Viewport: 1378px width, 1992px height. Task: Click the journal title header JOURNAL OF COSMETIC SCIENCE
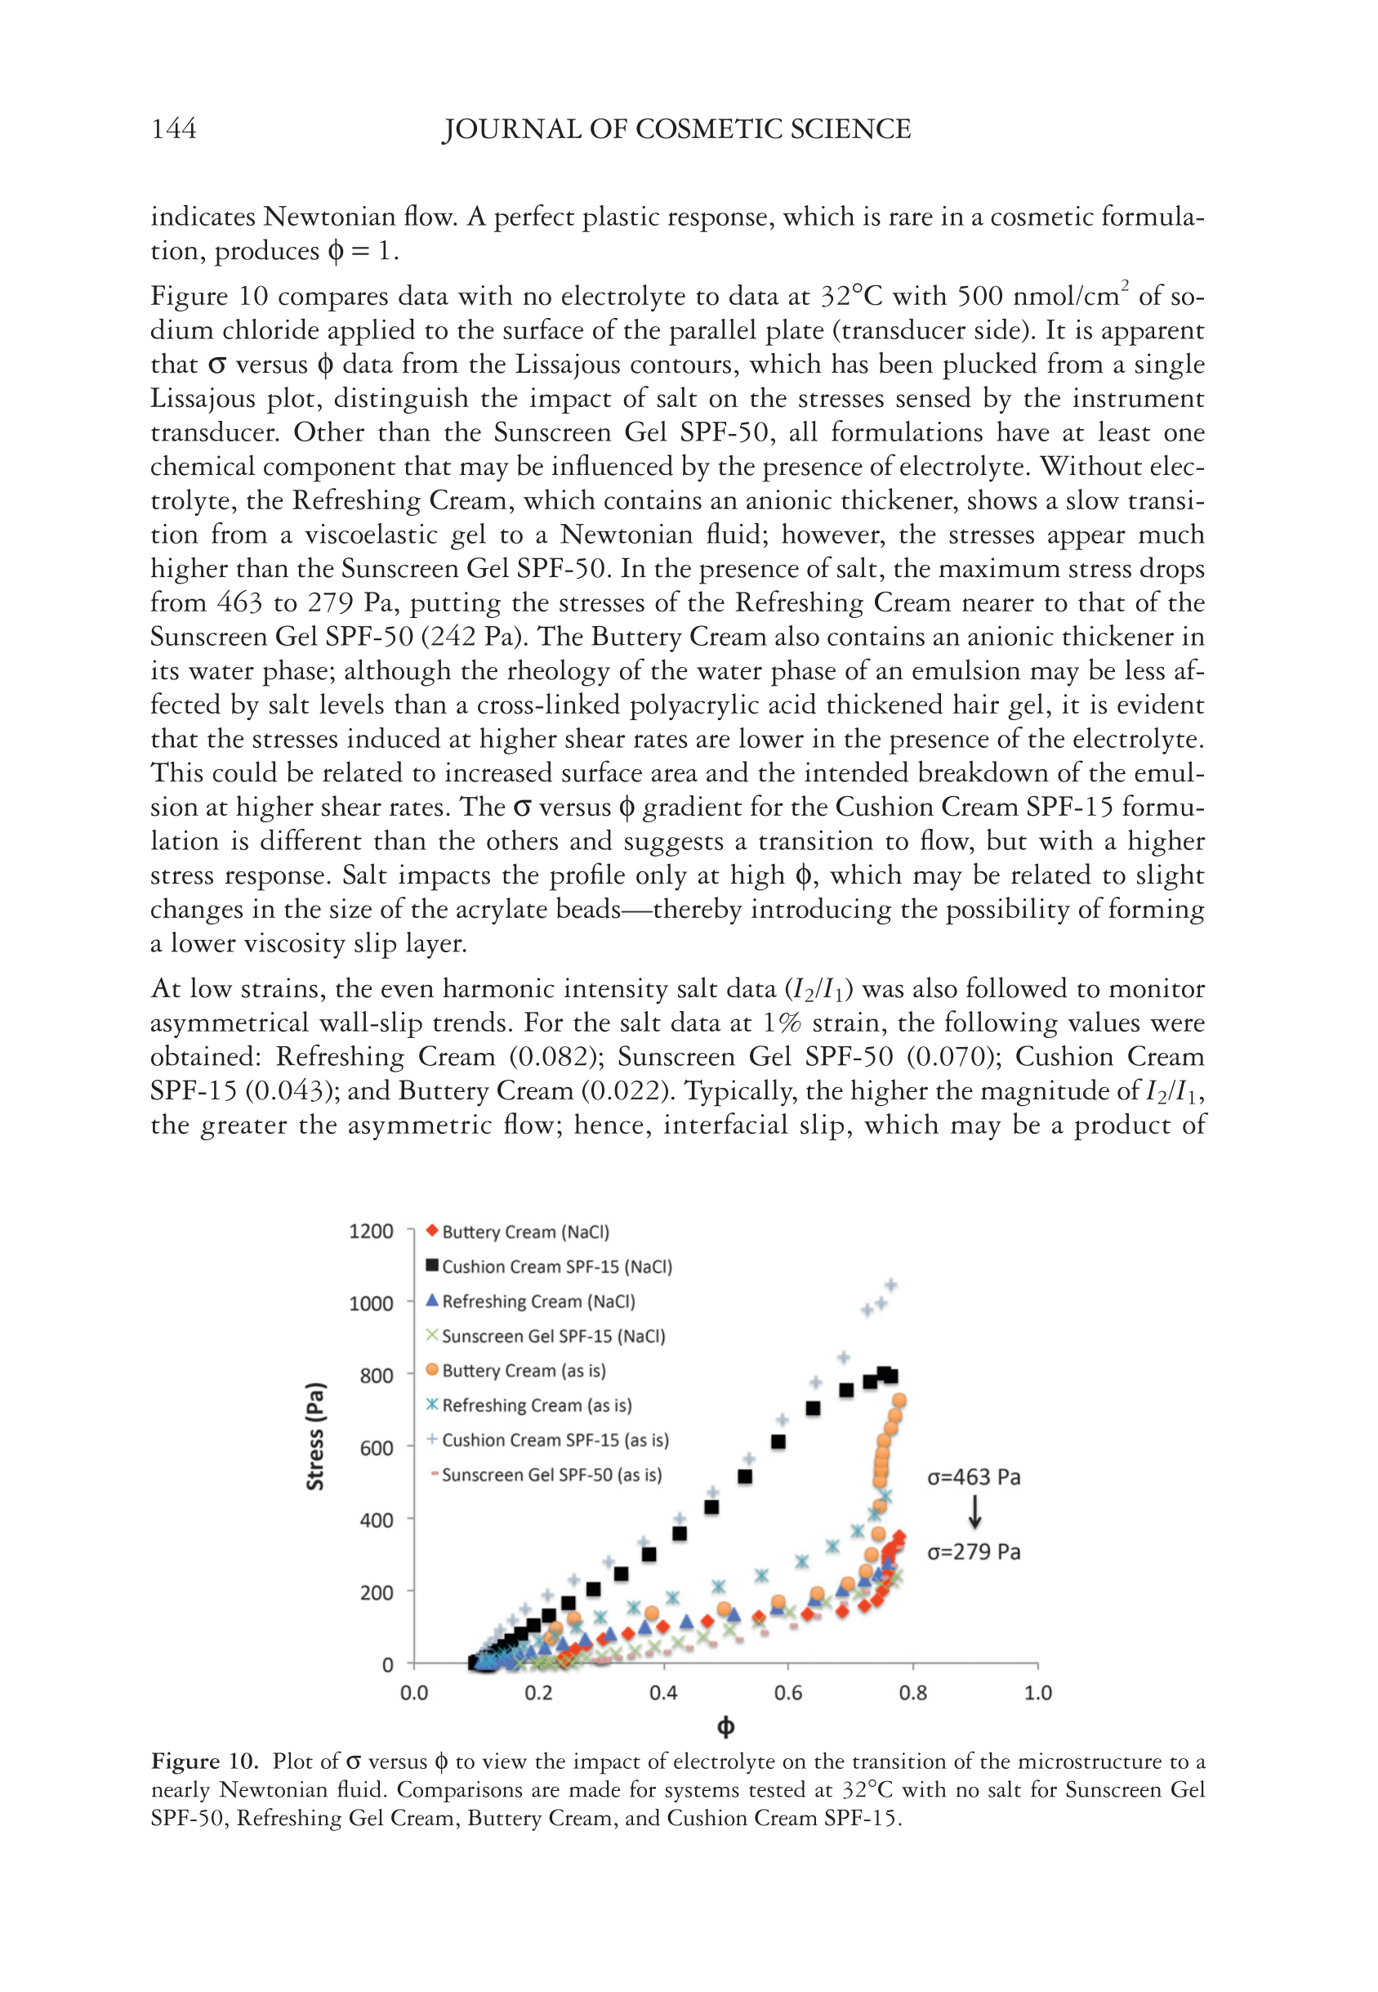676,128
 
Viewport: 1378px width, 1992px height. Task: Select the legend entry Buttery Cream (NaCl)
524,1232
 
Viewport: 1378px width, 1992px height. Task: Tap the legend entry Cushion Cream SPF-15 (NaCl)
556,1266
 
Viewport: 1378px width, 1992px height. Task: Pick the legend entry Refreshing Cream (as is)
535,1405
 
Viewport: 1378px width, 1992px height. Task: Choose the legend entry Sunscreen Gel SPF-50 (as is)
551,1475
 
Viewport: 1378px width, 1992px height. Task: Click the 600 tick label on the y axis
376,1448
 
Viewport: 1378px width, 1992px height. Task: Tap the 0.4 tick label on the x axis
663,1692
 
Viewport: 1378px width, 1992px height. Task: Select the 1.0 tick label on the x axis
1038,1692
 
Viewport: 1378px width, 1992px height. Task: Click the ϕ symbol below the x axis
725,1727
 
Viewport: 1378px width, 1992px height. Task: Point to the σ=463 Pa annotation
973,1477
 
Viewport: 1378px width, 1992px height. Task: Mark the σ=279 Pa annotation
973,1551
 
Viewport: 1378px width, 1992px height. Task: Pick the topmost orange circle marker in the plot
899,1400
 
